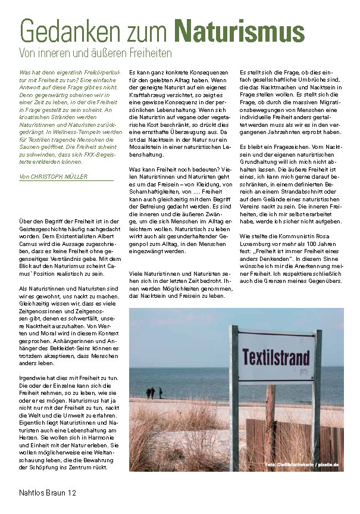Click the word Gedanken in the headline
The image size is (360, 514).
(65, 29)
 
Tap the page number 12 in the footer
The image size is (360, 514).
(71, 493)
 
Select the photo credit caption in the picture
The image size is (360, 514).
(302, 463)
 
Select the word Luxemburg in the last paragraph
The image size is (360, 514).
(258, 242)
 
